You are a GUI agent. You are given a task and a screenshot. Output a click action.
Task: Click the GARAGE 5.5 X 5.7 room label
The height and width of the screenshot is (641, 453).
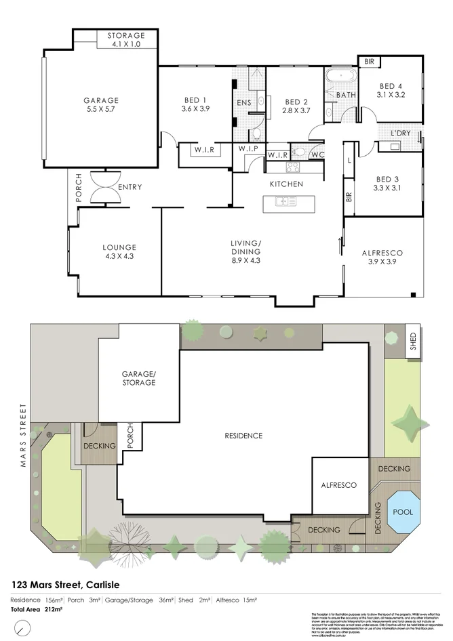[100, 104]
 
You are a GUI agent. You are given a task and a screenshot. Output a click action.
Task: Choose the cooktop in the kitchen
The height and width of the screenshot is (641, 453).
[294, 167]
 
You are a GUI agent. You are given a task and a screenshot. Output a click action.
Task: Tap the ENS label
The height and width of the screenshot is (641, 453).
[243, 103]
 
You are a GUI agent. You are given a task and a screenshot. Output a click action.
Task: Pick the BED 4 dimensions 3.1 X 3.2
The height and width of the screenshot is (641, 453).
[391, 96]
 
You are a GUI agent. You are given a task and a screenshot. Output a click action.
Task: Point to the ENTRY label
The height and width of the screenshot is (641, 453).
[130, 187]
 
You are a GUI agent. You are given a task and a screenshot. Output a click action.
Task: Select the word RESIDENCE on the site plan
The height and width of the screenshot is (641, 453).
[243, 436]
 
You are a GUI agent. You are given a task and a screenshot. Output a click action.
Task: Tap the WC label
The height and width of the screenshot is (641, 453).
[317, 155]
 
